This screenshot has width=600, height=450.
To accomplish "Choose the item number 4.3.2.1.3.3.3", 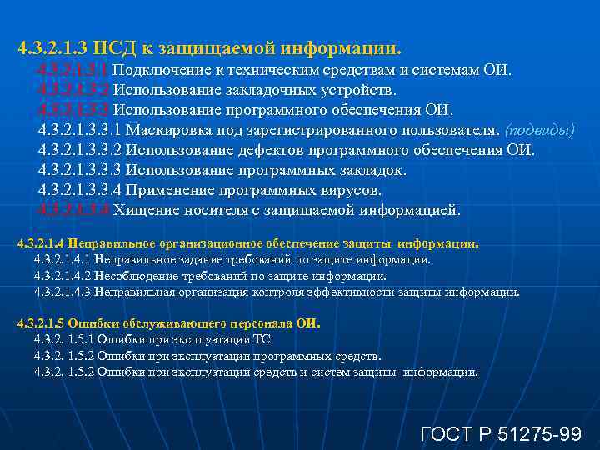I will (x=80, y=171).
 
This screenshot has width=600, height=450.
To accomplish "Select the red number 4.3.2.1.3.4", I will (x=73, y=211).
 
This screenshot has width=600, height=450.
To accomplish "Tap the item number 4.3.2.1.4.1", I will (x=62, y=260).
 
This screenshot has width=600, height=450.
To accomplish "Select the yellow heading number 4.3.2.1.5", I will (x=41, y=324).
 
